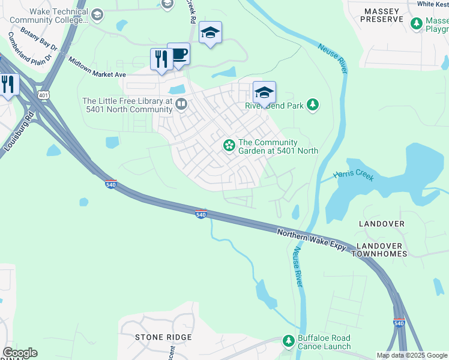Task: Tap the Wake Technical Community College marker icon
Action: point(97,14)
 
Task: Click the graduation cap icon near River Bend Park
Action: point(264,92)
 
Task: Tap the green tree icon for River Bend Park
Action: point(312,106)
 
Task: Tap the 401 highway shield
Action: point(43,95)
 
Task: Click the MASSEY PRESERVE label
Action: point(382,14)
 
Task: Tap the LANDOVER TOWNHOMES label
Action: point(382,250)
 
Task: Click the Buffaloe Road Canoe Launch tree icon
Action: point(289,341)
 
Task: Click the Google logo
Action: point(20,353)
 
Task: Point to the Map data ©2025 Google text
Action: point(412,355)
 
